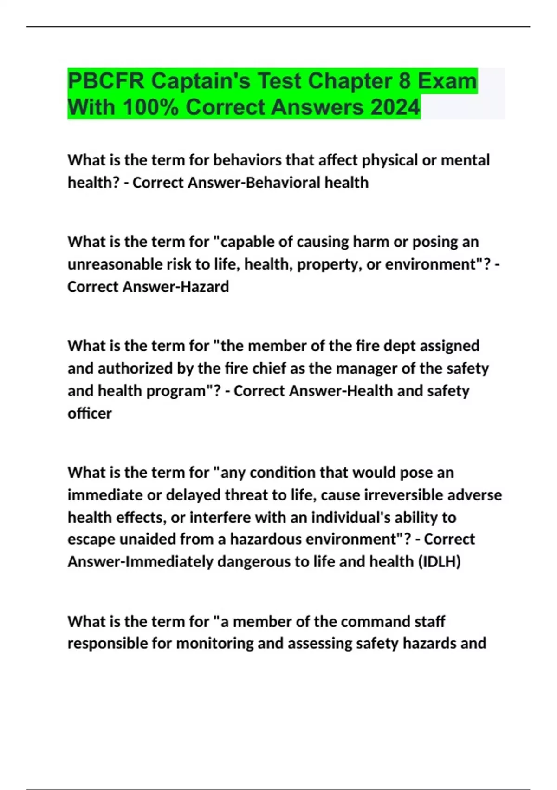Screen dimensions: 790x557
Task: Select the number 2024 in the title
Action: point(395,107)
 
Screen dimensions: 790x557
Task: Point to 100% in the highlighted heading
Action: point(150,107)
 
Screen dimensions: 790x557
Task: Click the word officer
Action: point(90,413)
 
